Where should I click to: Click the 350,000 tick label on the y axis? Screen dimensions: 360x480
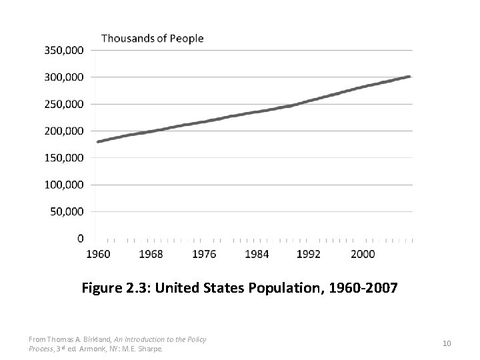click(65, 50)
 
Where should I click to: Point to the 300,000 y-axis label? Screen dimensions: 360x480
click(65, 77)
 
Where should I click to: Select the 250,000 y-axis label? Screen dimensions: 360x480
click(65, 104)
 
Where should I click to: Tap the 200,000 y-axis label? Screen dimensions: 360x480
click(65, 131)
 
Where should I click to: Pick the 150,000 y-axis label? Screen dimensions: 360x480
click(65, 158)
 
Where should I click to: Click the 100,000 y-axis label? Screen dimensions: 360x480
click(65, 185)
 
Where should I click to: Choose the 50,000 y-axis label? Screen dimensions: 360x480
click(67, 211)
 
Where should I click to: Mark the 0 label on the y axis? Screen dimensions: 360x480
click(81, 238)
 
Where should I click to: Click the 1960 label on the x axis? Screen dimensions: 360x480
click(97, 253)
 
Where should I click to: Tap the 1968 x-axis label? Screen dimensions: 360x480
click(150, 253)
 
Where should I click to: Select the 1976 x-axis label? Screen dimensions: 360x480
click(203, 253)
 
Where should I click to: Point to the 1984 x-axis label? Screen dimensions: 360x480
click(257, 253)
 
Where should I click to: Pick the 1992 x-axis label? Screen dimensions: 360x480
click(309, 253)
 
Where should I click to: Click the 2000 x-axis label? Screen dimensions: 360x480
click(362, 253)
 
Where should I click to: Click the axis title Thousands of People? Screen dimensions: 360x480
click(152, 38)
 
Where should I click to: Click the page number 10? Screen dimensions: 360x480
click(447, 343)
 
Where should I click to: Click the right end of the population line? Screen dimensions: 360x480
click(409, 77)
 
